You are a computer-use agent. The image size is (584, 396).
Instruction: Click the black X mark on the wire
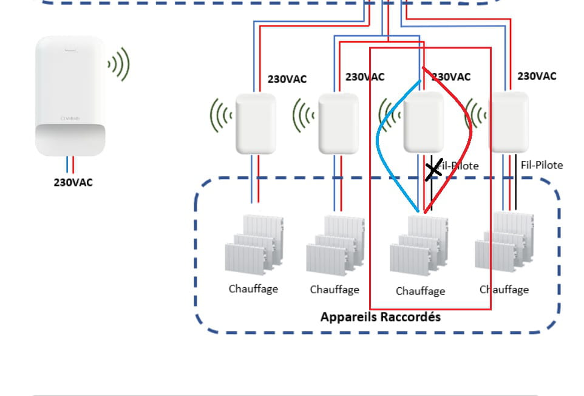[433, 171]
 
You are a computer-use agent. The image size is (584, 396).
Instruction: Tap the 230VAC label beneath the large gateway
[73, 182]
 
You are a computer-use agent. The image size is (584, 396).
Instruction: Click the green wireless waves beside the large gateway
[120, 64]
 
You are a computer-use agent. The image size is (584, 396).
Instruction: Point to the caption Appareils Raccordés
[380, 317]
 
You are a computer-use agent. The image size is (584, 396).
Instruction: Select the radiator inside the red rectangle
[419, 246]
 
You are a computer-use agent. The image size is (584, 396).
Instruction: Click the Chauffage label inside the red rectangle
[420, 292]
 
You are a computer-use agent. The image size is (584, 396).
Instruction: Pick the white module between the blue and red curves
[423, 122]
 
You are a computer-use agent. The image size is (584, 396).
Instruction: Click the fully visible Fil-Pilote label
[542, 165]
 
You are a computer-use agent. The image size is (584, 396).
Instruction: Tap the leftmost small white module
[256, 123]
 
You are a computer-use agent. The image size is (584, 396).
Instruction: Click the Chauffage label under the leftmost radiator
[253, 288]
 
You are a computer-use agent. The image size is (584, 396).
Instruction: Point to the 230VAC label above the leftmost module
[287, 79]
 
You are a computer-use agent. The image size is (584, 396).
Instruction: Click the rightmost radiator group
[504, 243]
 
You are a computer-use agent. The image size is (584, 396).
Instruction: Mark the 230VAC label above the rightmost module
[537, 77]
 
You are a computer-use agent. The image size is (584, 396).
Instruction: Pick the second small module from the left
[338, 123]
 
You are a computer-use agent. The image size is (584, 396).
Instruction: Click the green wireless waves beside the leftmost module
[222, 115]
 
